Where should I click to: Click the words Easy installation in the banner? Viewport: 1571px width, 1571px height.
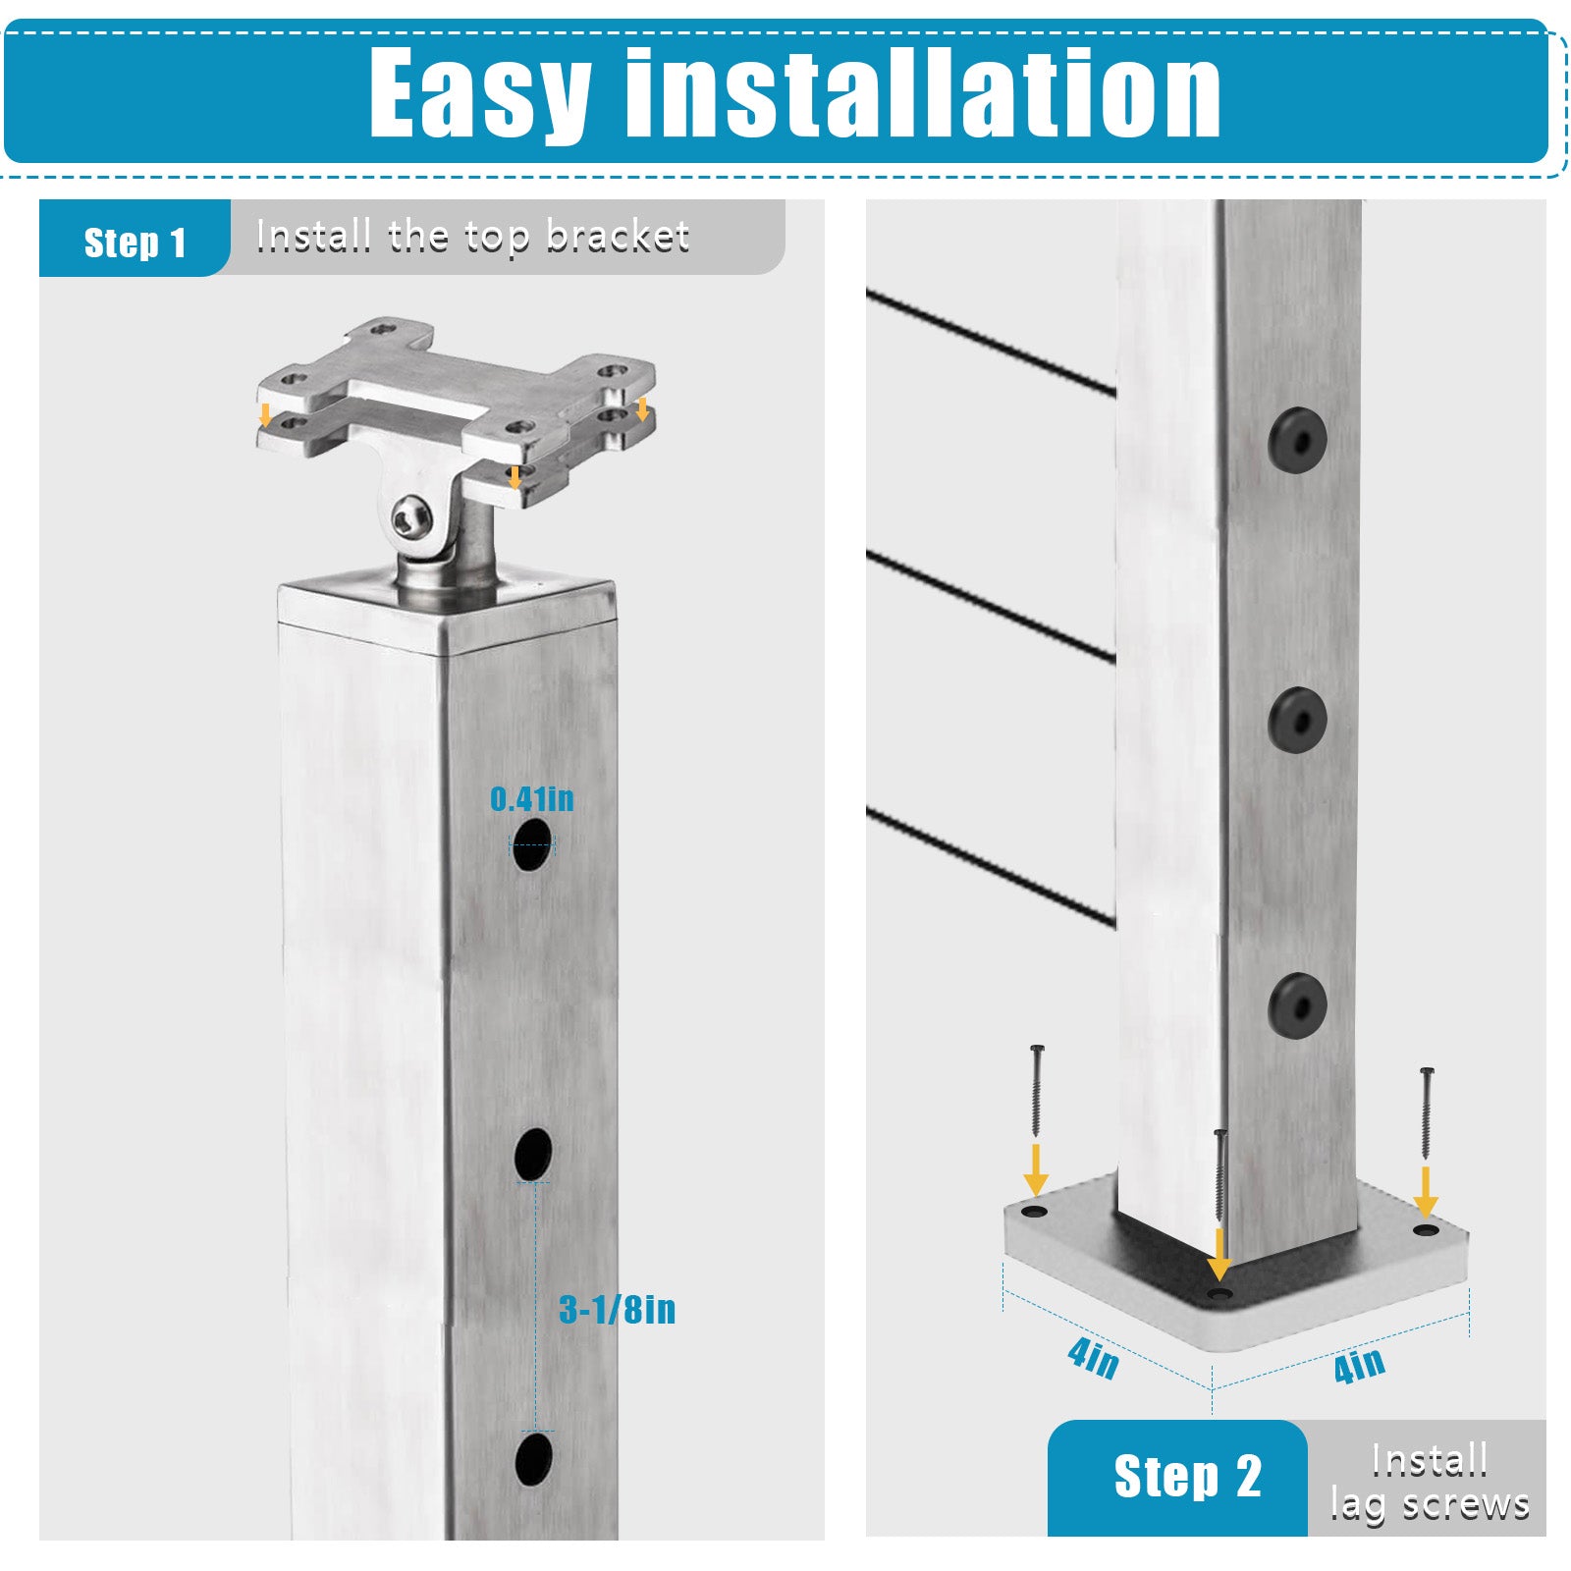coord(794,94)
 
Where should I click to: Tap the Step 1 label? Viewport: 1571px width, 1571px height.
coord(135,243)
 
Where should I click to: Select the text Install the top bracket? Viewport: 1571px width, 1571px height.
coord(472,237)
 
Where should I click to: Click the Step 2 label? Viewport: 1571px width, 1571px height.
coord(1187,1477)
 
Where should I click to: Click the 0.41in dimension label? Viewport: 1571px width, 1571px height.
coord(532,799)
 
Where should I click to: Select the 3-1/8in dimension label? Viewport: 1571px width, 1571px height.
coord(617,1310)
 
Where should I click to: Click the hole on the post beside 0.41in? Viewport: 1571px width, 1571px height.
coord(532,844)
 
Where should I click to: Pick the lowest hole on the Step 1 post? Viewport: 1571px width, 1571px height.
coord(534,1459)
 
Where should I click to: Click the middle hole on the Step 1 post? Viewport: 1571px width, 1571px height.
coord(533,1154)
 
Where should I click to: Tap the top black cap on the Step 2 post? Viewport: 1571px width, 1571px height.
coord(1297,440)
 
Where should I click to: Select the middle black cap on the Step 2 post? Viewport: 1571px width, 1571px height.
coord(1297,721)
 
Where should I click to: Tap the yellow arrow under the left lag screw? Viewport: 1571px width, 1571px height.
coord(1036,1167)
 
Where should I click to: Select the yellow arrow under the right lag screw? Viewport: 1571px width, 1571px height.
coord(1426,1191)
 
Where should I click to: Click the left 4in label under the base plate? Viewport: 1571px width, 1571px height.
coord(1093,1359)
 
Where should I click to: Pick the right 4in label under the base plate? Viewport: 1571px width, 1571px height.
coord(1360,1365)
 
